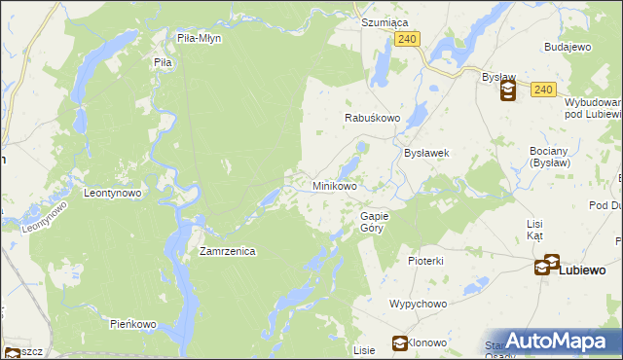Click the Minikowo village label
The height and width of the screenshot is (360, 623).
pyautogui.click(x=334, y=185)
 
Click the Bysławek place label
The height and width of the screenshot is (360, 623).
pyautogui.click(x=425, y=153)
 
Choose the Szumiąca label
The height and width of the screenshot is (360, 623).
pyautogui.click(x=384, y=21)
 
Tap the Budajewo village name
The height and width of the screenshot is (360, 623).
pyautogui.click(x=568, y=46)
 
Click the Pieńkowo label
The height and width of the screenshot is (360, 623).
pyautogui.click(x=133, y=323)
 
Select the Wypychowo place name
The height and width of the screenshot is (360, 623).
pyautogui.click(x=418, y=304)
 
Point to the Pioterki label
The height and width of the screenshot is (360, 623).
pyautogui.click(x=425, y=261)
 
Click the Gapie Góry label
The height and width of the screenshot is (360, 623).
pyautogui.click(x=375, y=221)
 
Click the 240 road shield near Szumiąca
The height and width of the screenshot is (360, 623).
pyautogui.click(x=408, y=39)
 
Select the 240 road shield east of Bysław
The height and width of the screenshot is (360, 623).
pyautogui.click(x=543, y=90)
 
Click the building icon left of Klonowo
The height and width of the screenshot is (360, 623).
pyautogui.click(x=399, y=342)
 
